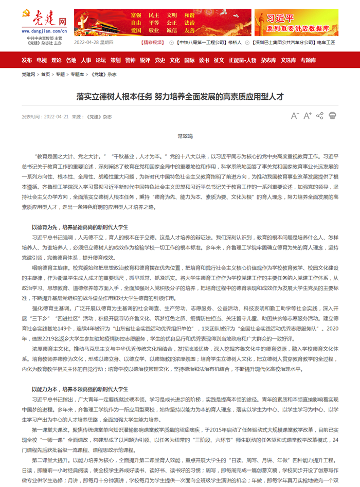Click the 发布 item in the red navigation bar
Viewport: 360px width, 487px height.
click(27, 60)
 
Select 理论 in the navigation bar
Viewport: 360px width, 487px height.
click(57, 60)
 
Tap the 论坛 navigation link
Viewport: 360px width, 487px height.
click(101, 60)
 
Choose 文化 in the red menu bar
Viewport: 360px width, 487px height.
click(175, 60)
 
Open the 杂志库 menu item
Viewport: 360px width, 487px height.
click(268, 60)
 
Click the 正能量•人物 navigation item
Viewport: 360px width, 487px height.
click(242, 60)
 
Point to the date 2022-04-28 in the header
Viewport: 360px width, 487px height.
click(87, 43)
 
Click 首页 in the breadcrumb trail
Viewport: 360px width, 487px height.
click(46, 75)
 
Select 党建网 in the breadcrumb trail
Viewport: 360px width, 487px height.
click(28, 75)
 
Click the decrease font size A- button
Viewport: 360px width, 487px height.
click(295, 116)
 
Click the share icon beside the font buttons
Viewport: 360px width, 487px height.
click(319, 116)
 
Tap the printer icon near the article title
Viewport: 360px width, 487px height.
click(332, 116)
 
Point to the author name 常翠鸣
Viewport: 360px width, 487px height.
click(185, 136)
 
